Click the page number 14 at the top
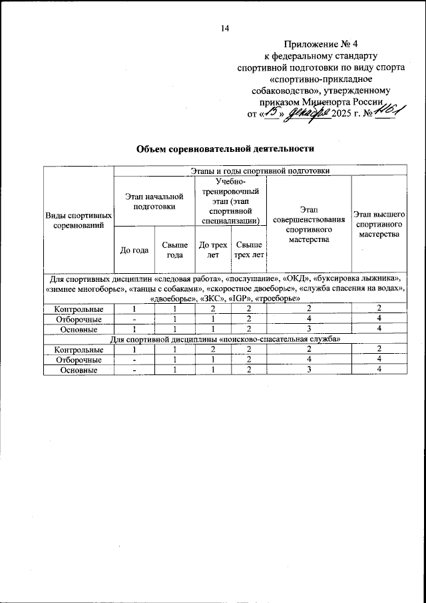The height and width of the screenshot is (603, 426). [224, 28]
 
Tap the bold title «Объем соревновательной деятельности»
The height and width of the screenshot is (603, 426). [224, 148]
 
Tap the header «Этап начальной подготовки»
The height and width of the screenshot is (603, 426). [154, 201]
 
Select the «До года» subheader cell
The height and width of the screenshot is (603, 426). [134, 250]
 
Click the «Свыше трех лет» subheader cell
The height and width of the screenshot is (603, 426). [249, 250]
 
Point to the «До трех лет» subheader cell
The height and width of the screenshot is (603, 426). [213, 250]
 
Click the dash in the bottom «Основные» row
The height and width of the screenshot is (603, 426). [134, 370]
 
